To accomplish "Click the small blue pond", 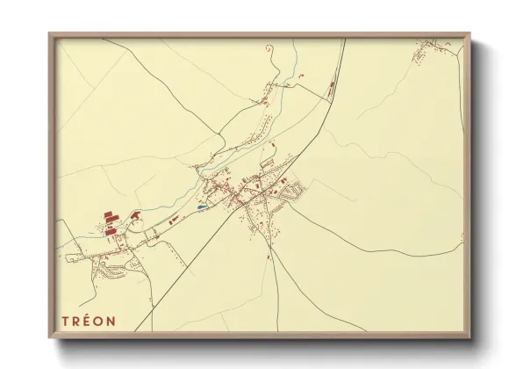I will pyautogui.click(x=203, y=208).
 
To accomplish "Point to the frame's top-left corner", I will pyautogui.click(x=49, y=33).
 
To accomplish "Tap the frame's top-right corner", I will pyautogui.click(x=472, y=33).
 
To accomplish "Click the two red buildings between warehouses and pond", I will pyautogui.click(x=174, y=214).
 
